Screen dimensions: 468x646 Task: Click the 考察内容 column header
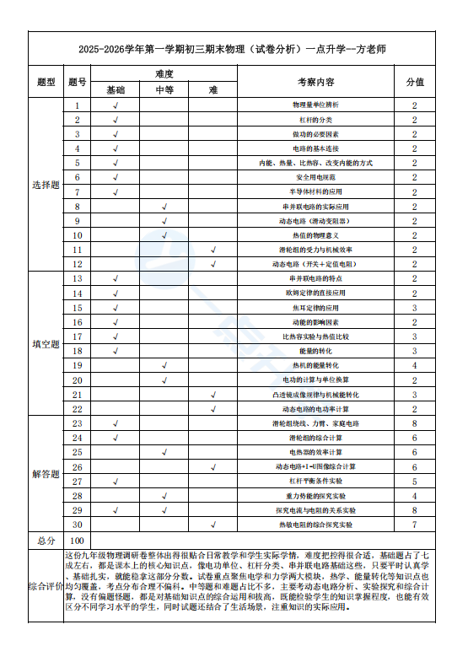(x=316, y=82)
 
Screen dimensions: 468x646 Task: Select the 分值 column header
(x=415, y=82)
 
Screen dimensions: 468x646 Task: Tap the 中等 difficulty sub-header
(x=164, y=89)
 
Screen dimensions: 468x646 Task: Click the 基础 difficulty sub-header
(x=116, y=89)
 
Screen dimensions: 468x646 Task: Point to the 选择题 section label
(x=46, y=185)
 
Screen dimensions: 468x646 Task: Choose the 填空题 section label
(x=46, y=344)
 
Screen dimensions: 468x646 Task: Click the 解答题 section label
(x=46, y=474)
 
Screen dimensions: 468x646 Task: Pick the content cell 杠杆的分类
(x=316, y=120)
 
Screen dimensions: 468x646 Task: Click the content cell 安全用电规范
(x=316, y=177)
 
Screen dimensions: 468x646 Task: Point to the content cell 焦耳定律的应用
(x=316, y=308)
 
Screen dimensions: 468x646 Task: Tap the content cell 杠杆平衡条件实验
(x=316, y=482)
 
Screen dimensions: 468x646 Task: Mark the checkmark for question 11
(x=213, y=250)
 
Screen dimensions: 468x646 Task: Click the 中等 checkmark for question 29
(x=164, y=510)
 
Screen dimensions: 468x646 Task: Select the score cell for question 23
(x=415, y=423)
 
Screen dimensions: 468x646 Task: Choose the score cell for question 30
(x=415, y=525)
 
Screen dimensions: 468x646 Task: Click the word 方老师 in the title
(x=368, y=49)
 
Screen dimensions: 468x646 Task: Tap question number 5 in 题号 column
(x=78, y=163)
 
